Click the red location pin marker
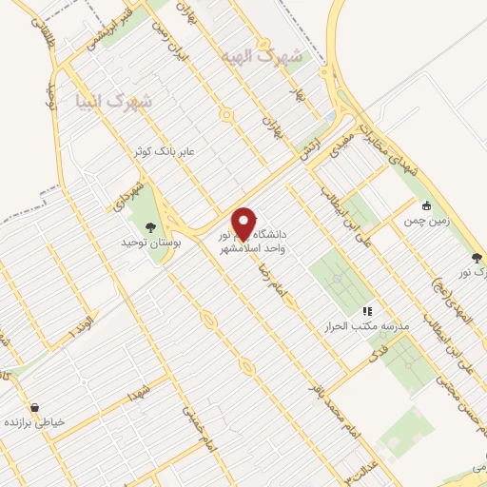click(x=244, y=224)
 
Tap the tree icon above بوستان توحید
click(x=149, y=226)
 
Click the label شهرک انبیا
click(x=106, y=100)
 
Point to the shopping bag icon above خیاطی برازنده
click(x=35, y=406)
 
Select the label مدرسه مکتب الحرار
click(x=367, y=325)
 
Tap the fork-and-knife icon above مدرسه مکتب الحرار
click(x=367, y=310)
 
